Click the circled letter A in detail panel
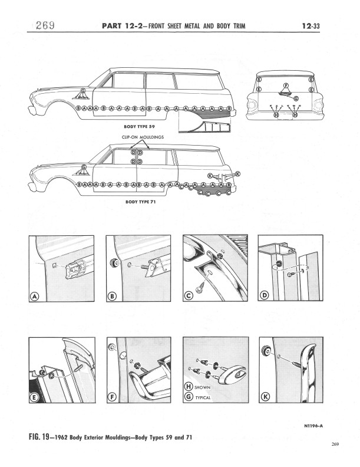pyautogui.click(x=34, y=297)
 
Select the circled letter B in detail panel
pyautogui.click(x=111, y=297)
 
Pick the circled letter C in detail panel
pyautogui.click(x=189, y=297)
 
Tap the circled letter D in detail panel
pyautogui.click(x=265, y=297)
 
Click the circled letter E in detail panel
pyautogui.click(x=34, y=398)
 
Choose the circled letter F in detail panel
pyautogui.click(x=112, y=397)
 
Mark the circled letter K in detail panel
pyautogui.click(x=265, y=397)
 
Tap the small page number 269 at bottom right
pyautogui.click(x=336, y=444)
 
